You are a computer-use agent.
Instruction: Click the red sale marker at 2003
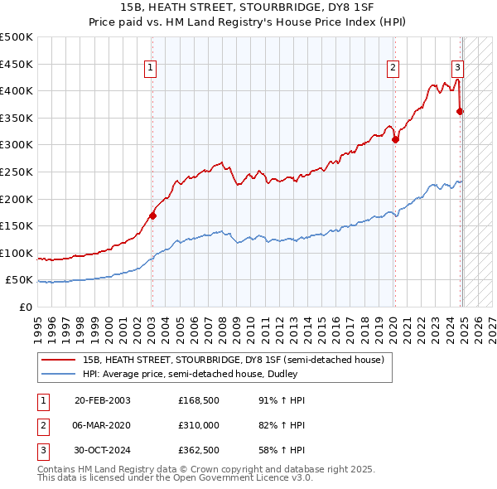point(152,215)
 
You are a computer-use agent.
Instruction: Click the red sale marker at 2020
point(395,139)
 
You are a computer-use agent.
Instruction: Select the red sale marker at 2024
point(461,111)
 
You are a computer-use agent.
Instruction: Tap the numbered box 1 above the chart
point(151,69)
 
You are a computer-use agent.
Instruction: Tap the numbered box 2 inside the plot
point(392,69)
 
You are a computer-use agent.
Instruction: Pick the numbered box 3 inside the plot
point(457,69)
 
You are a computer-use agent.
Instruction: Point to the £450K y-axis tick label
point(17,64)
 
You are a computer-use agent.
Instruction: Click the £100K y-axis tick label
point(17,253)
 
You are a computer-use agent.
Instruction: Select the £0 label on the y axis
point(26,307)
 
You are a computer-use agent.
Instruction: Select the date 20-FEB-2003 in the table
point(102,400)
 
